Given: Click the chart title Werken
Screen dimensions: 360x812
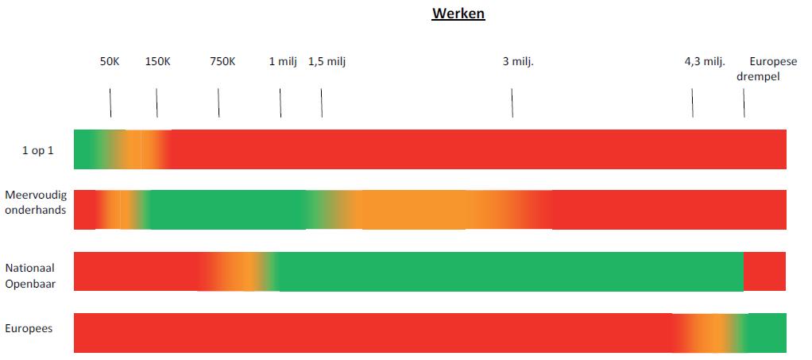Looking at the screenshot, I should tap(458, 14).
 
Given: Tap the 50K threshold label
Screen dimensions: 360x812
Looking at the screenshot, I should tap(110, 61).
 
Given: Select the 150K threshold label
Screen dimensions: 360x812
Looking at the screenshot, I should tap(157, 61).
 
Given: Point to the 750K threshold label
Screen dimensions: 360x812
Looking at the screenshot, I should tap(222, 61).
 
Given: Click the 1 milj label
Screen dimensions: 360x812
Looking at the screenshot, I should tap(283, 61).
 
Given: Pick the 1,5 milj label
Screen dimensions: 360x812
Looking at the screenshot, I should tap(327, 61).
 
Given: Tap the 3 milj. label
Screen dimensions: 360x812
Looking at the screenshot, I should tap(518, 61).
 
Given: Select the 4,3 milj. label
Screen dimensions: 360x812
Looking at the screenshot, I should tap(705, 61).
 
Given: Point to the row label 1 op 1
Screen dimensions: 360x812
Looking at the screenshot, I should tap(37, 149).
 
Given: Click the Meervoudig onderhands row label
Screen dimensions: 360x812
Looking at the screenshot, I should tap(35, 203).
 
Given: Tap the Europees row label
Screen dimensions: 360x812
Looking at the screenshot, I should tap(29, 327).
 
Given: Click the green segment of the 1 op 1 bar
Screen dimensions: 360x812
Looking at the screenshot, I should tap(84, 149).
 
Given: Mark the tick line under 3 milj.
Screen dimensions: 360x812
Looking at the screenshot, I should tap(512, 103).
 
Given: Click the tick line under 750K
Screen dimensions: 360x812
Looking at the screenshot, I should tap(218, 103).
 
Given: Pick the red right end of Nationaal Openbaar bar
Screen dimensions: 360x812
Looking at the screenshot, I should tap(765, 271).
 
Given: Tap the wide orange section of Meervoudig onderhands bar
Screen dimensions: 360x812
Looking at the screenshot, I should tap(445, 210).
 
